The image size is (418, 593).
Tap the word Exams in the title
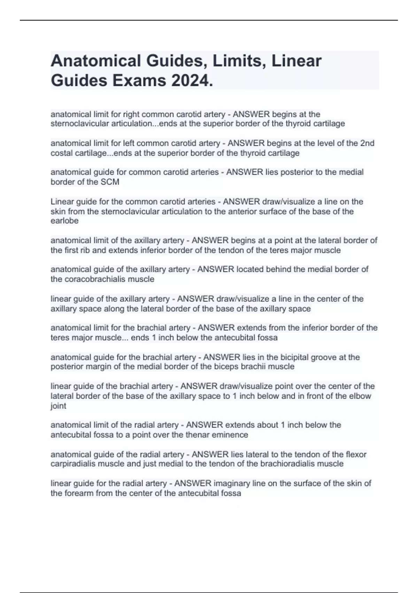coord(137,81)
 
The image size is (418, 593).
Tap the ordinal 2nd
coord(367,143)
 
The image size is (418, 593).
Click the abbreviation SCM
coord(110,182)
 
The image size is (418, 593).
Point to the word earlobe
coord(64,221)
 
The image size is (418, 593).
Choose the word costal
coord(62,153)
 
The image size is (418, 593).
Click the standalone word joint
coord(58,406)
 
